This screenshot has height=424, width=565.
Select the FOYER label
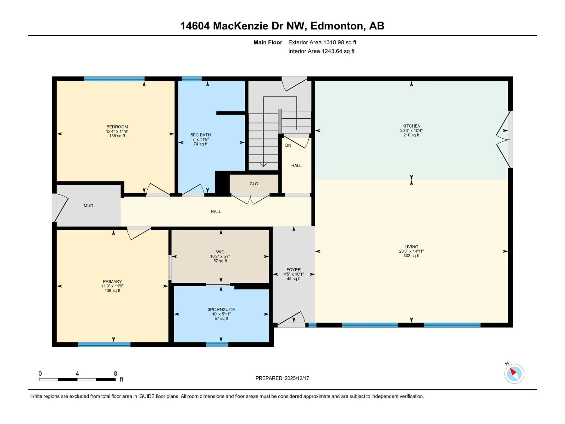[x=294, y=270]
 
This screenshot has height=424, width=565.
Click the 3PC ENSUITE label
[x=221, y=309]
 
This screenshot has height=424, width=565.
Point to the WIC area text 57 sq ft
[x=220, y=261]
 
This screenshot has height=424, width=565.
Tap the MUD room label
[x=88, y=206]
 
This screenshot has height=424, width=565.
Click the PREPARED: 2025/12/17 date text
[x=282, y=378]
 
